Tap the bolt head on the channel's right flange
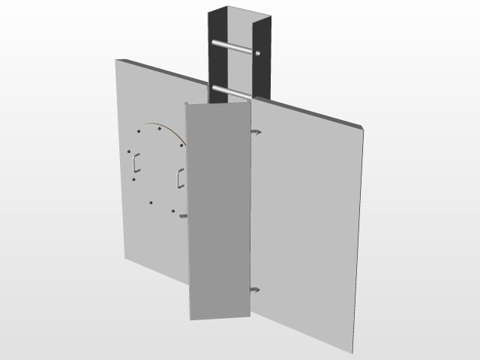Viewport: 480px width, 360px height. coord(259,53)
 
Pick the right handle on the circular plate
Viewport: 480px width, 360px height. coord(180,178)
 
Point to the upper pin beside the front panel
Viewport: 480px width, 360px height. coord(256,133)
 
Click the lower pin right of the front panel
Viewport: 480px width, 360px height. coord(255,289)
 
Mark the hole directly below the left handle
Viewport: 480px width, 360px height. coord(133,178)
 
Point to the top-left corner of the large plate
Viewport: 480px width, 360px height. coord(116,59)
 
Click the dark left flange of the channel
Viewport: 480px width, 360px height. coord(212,45)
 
